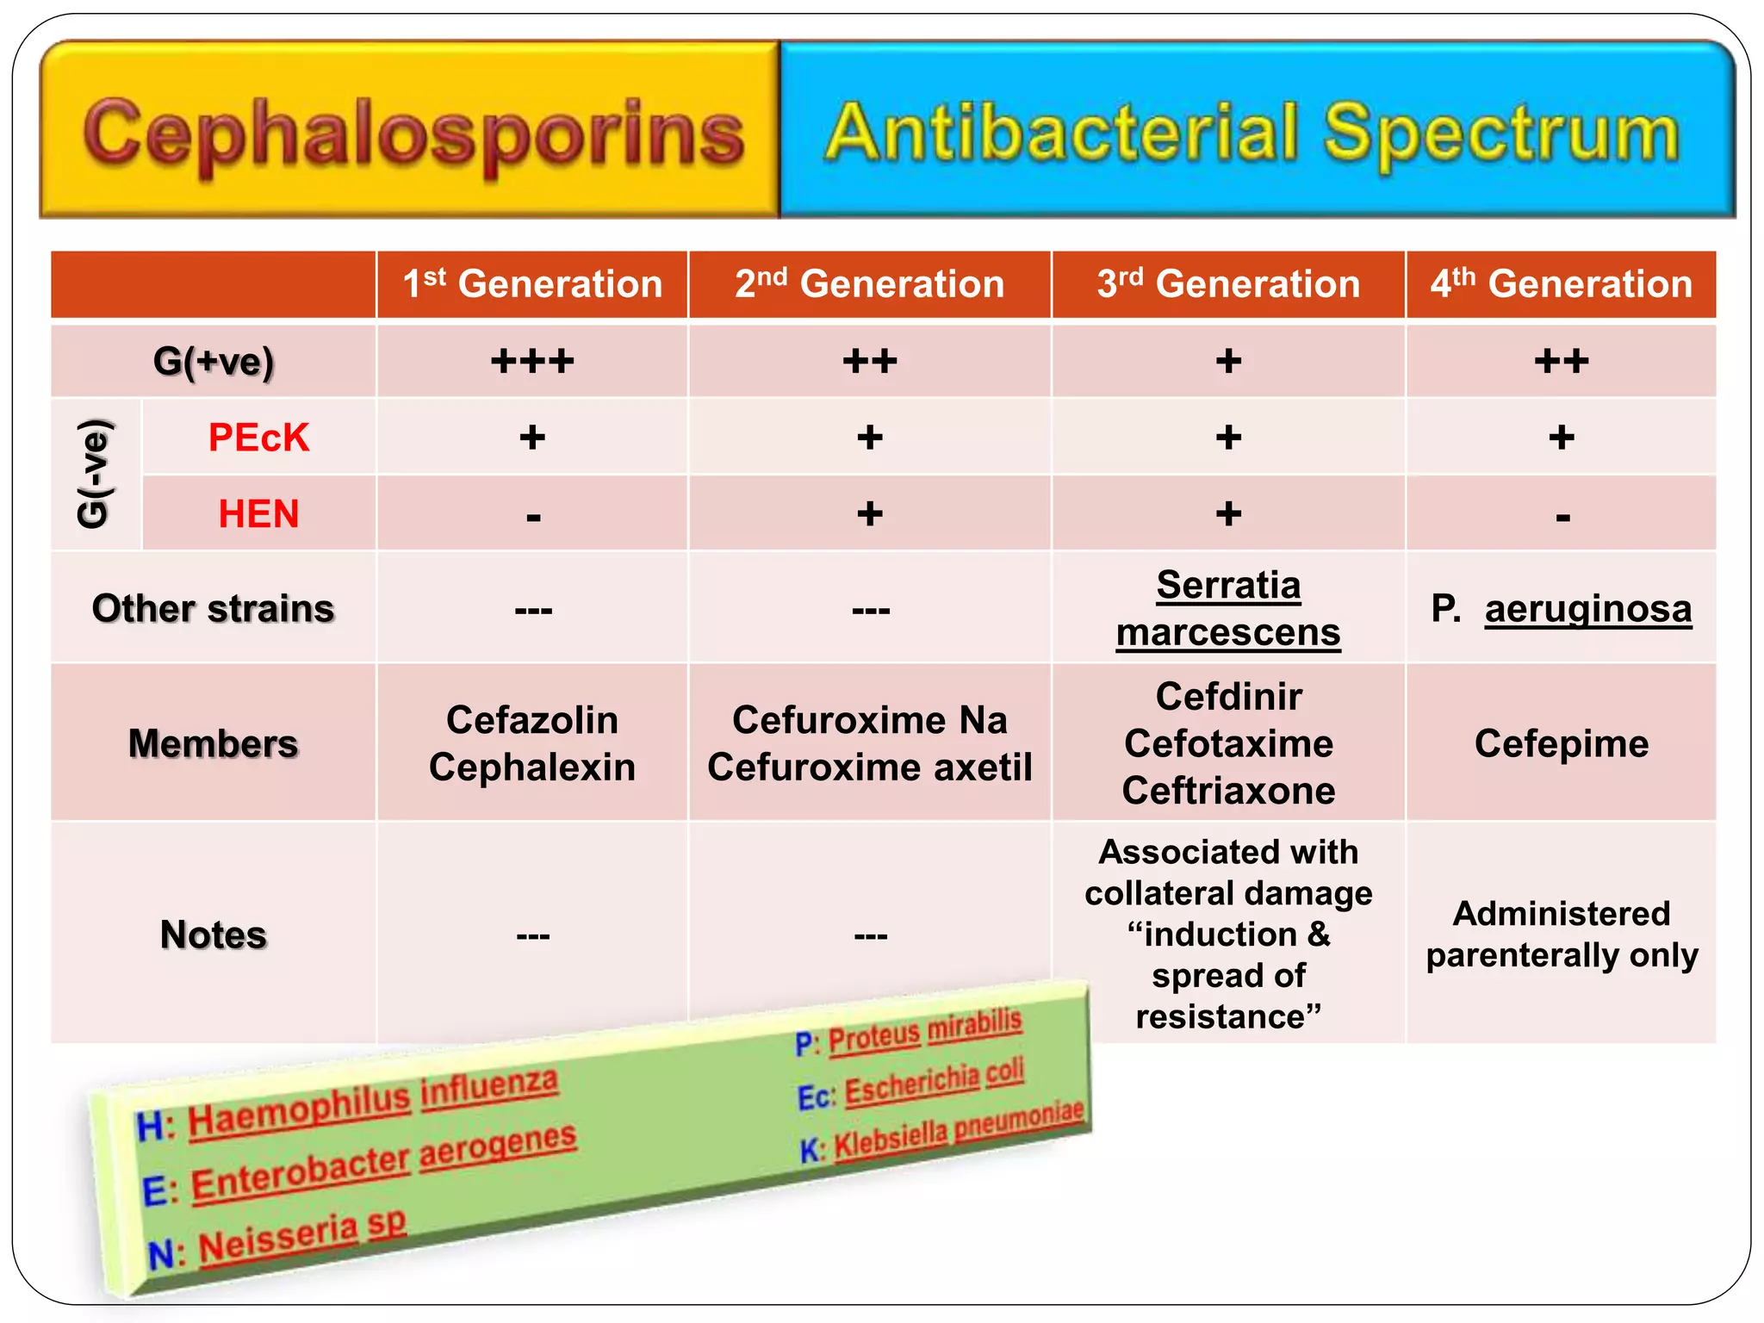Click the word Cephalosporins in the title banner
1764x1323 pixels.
413,134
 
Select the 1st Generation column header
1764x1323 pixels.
532,284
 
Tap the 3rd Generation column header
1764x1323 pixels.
1228,284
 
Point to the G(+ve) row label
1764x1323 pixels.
213,361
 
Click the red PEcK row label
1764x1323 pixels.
258,438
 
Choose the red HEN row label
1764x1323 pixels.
258,514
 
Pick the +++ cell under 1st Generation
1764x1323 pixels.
532,361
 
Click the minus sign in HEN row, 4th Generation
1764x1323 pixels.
1562,517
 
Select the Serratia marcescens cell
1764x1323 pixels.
1228,608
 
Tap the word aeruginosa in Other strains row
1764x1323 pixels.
1588,609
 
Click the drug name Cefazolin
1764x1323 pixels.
532,720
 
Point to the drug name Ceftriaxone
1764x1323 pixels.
1228,791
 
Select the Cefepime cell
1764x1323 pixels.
1562,743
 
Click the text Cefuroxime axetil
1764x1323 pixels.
870,767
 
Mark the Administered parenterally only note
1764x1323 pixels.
1562,935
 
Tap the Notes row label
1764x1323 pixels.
213,935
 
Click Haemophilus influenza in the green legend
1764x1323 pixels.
372,1103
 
